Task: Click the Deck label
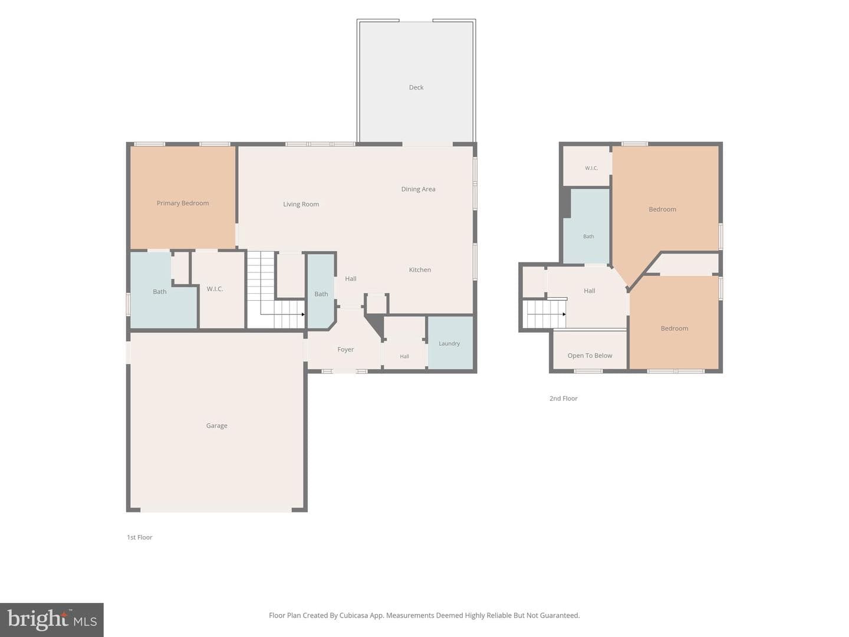coord(416,87)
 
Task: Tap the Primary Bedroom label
coord(183,203)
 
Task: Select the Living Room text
coord(301,204)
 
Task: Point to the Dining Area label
coord(418,189)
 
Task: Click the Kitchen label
coord(420,270)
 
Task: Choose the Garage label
coord(216,425)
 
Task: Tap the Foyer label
coord(345,350)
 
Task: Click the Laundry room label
coord(449,343)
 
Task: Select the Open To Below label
coord(590,356)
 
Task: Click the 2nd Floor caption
coord(563,398)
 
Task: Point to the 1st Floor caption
coord(140,537)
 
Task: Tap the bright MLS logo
coord(51,619)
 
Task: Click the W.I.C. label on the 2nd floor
coord(591,168)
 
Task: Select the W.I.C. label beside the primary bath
coord(215,289)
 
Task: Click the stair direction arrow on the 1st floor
coord(302,314)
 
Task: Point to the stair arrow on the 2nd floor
coord(564,314)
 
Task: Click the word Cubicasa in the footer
coord(354,615)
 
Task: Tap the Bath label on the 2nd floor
coord(588,237)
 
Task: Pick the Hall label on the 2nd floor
coord(589,291)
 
